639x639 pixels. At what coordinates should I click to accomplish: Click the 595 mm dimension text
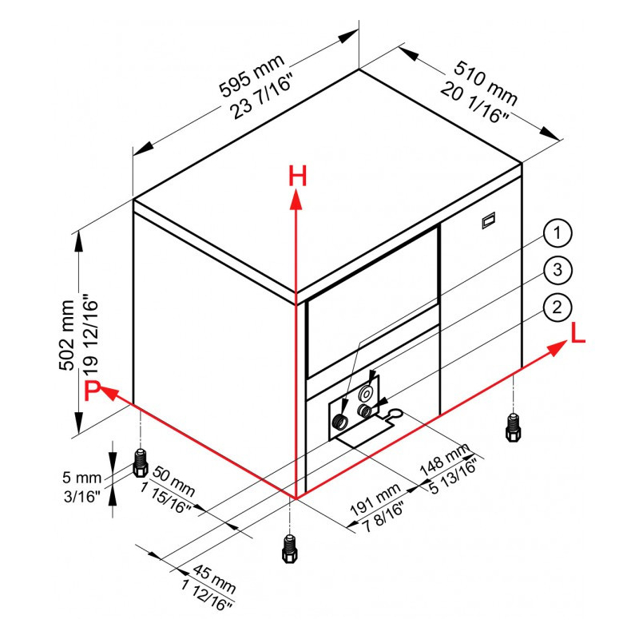tap(252, 76)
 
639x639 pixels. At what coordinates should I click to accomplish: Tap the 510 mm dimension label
tap(486, 83)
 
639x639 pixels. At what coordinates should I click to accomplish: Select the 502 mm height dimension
tap(67, 335)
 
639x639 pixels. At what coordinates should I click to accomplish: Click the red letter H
tap(297, 176)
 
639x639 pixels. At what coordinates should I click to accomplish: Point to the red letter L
tap(577, 333)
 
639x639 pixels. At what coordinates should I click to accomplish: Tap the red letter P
tap(92, 391)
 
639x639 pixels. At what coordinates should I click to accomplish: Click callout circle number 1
tap(557, 233)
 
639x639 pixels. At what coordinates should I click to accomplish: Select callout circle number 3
tap(557, 270)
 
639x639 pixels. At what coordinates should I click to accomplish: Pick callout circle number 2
tap(557, 308)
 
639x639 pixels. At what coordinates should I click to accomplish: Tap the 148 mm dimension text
tap(444, 461)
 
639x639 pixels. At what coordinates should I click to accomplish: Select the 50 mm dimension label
tap(174, 482)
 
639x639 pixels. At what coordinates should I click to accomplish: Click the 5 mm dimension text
tap(82, 477)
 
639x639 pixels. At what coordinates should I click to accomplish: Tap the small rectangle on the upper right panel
tap(489, 220)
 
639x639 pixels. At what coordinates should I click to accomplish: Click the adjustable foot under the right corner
tap(513, 427)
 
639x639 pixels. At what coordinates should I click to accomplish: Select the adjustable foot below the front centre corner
tap(289, 549)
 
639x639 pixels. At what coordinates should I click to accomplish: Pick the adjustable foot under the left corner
tap(141, 463)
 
